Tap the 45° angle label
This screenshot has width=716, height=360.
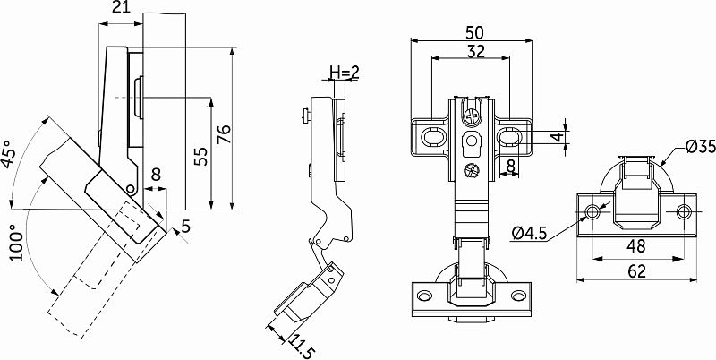tap(10, 154)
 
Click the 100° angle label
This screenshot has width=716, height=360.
tap(15, 242)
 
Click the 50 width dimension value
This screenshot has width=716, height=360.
tap(476, 31)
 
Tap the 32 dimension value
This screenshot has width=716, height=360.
tap(475, 52)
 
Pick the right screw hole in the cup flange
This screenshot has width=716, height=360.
tap(684, 211)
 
